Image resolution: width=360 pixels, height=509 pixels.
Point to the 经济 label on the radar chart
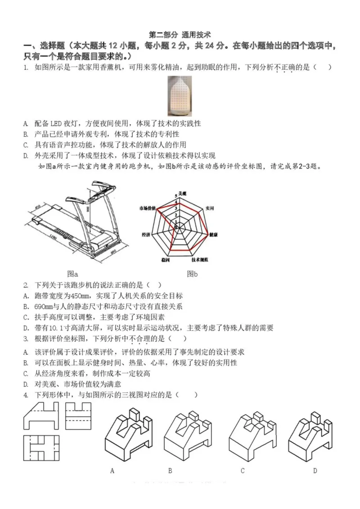146,235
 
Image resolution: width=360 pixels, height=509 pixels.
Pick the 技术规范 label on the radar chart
199,260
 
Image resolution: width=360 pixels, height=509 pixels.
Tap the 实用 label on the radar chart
209,209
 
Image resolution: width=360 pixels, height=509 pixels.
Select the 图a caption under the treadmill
72,273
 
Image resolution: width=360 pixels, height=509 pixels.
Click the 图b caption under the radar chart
193,273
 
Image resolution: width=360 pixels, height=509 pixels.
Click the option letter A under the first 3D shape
112,471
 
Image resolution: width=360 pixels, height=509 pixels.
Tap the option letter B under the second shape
170,471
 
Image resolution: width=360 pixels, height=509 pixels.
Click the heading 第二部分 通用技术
180,35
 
